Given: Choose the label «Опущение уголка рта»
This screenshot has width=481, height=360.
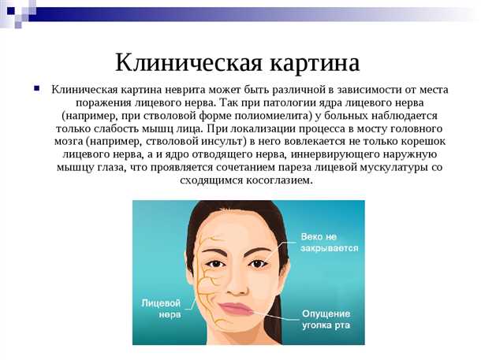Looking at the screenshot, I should (x=326, y=319).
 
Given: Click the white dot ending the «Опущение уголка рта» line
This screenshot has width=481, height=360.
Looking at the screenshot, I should (x=257, y=310).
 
